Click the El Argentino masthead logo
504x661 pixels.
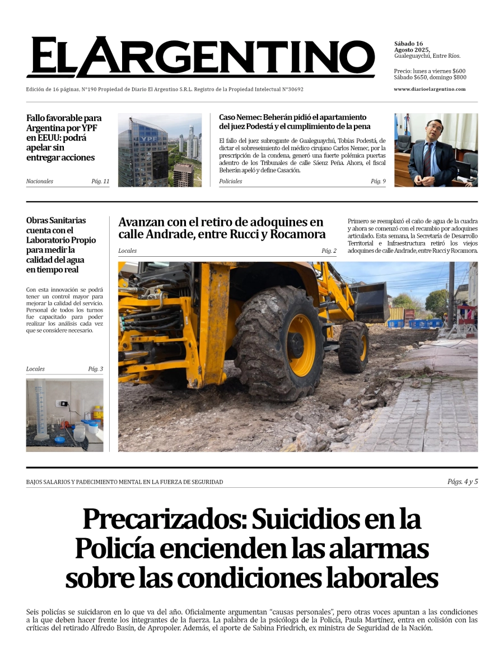pyautogui.click(x=200, y=57)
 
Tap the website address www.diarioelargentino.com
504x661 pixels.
pyautogui.click(x=429, y=89)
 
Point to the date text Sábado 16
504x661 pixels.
pyautogui.click(x=408, y=44)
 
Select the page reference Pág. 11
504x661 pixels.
pyautogui.click(x=100, y=181)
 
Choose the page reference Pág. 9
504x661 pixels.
pyautogui.click(x=378, y=181)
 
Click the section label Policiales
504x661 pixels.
pyautogui.click(x=230, y=181)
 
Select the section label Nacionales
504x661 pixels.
pyautogui.click(x=40, y=181)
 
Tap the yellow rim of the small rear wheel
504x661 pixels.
pyautogui.click(x=362, y=348)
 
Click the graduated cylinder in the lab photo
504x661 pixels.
pyautogui.click(x=40, y=409)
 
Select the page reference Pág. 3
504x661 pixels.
pyautogui.click(x=95, y=369)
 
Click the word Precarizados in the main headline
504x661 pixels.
pyautogui.click(x=162, y=519)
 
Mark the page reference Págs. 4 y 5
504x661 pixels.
pyautogui.click(x=463, y=481)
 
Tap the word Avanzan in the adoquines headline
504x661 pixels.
pyautogui.click(x=141, y=222)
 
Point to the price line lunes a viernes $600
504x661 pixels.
pyautogui.click(x=430, y=71)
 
